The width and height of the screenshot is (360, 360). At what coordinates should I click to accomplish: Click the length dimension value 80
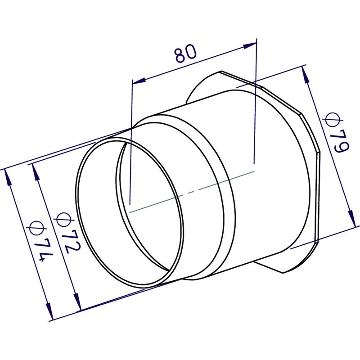pos(185,54)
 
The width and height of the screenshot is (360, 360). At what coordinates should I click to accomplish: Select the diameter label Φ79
pos(336,132)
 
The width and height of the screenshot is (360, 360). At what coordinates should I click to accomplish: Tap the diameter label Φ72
pos(67,232)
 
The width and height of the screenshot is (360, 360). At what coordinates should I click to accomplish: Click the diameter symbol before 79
pos(333,119)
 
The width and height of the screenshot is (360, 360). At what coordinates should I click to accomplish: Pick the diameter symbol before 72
pos(63,219)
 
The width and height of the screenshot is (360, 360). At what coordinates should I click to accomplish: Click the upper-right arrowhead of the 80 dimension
pos(250,45)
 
